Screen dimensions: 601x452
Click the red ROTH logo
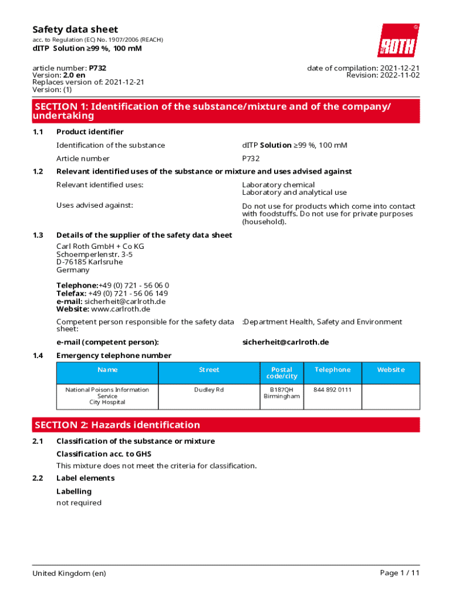click(x=397, y=40)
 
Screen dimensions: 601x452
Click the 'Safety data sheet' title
click(x=75, y=29)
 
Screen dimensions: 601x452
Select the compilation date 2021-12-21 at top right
click(x=399, y=68)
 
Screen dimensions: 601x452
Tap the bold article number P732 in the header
click(x=97, y=68)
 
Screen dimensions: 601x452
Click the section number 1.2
click(x=38, y=171)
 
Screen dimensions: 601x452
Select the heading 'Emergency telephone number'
click(x=114, y=355)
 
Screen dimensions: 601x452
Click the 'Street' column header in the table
click(x=209, y=370)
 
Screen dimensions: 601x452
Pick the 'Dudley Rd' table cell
click(x=209, y=390)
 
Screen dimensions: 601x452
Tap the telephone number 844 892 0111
click(x=332, y=390)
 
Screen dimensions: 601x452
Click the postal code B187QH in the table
click(x=282, y=390)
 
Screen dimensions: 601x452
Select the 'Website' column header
click(x=390, y=370)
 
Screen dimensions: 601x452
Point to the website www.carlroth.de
click(x=121, y=309)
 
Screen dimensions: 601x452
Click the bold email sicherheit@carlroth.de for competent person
click(x=285, y=342)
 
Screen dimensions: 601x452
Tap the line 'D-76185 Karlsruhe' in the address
click(x=90, y=262)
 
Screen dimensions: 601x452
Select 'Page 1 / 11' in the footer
click(x=400, y=573)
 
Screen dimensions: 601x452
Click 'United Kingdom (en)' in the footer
click(x=69, y=573)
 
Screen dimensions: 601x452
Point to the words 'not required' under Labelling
click(x=79, y=502)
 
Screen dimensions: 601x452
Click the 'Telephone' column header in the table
click(x=332, y=370)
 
